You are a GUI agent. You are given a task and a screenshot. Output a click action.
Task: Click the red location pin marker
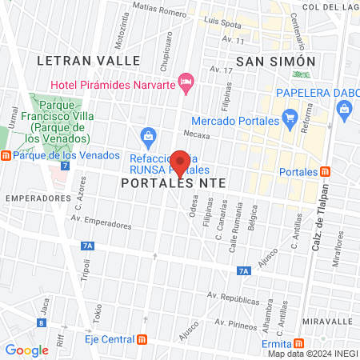[x=181, y=163]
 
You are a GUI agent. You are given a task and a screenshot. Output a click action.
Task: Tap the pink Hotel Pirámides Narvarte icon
[x=186, y=80]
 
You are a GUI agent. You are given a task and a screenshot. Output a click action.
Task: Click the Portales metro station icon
[x=325, y=172]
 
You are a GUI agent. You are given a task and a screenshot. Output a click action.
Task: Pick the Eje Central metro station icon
[x=142, y=338]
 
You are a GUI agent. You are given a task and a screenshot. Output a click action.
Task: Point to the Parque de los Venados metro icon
[x=6, y=155]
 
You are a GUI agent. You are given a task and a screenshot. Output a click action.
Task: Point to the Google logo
[x=26, y=350]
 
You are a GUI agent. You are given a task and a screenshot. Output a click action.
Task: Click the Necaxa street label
[x=196, y=134]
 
